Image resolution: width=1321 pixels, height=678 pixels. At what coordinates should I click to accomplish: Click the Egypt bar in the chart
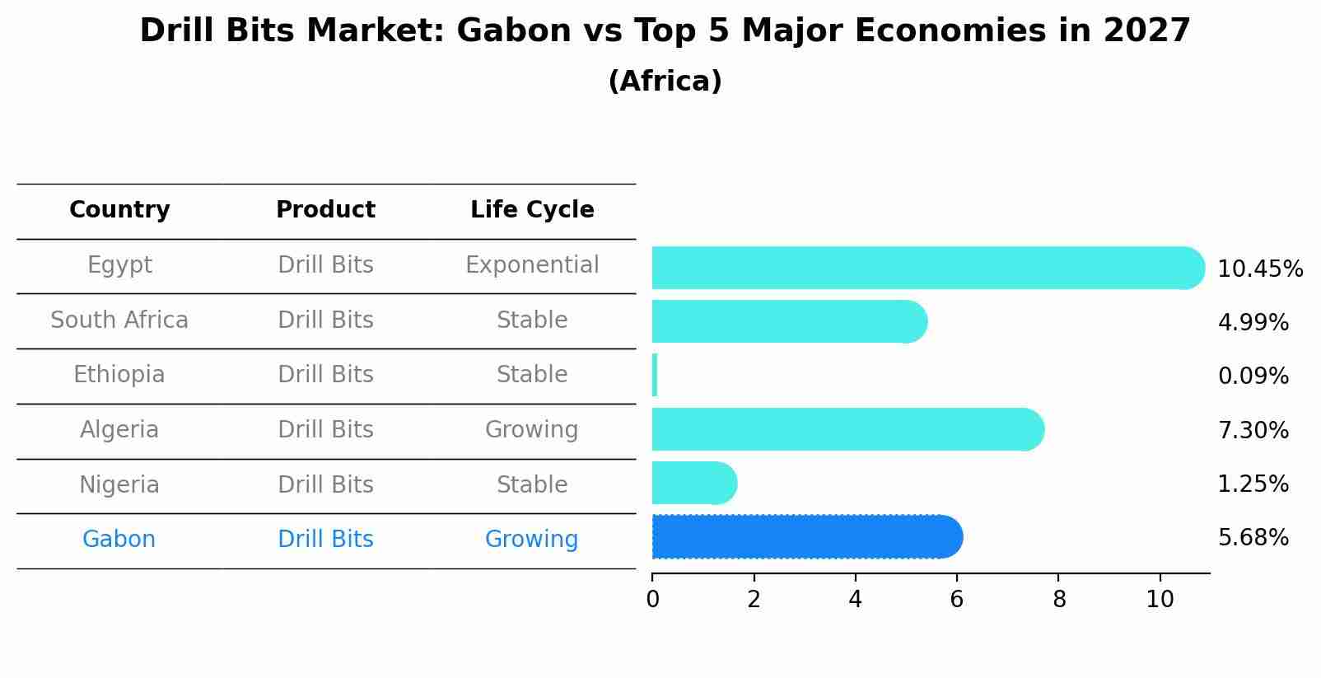(928, 268)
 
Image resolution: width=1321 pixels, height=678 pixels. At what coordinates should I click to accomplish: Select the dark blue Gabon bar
(807, 536)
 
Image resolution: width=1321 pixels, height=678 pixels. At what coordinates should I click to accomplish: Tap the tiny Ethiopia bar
(655, 376)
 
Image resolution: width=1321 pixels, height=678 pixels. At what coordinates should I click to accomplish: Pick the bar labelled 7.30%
(848, 429)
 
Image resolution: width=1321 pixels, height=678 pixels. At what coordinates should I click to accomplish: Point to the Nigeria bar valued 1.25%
(695, 483)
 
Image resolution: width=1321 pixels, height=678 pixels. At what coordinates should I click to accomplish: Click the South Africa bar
(790, 321)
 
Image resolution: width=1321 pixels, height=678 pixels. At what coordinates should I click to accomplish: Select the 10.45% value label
(1260, 269)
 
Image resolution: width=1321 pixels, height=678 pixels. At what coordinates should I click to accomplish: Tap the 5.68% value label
(1253, 538)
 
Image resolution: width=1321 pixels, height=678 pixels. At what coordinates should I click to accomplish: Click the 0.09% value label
(1253, 376)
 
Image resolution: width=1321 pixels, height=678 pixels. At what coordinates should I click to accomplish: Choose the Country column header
(119, 209)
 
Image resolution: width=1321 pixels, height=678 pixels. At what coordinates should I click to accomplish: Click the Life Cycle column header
(532, 209)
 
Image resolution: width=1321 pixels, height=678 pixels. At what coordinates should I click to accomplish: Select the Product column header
(325, 209)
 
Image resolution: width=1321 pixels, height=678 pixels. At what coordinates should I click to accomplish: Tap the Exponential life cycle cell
(532, 265)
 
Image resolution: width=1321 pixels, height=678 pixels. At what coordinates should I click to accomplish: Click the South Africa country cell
(119, 320)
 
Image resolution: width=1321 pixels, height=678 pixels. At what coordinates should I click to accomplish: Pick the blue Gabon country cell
(119, 539)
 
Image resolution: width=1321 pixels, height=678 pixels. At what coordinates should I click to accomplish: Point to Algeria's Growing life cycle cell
(532, 429)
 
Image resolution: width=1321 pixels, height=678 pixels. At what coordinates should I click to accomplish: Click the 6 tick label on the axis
(956, 600)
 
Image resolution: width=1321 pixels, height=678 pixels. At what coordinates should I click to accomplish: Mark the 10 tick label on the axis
(1160, 600)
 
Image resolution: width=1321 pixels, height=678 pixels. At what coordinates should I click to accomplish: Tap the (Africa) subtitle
(665, 81)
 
